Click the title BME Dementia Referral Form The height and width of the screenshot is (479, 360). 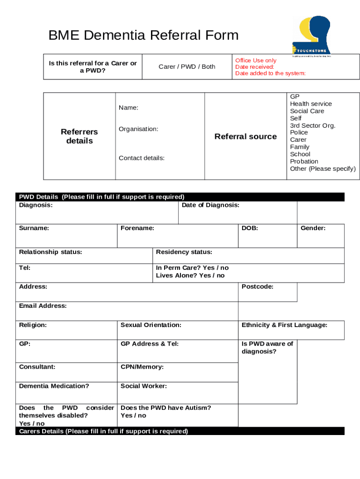point(144,35)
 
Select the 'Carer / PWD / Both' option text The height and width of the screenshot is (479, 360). point(187,66)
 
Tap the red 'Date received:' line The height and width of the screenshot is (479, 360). point(255,67)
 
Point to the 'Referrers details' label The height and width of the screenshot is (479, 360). point(79,136)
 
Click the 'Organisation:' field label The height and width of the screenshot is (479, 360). point(138,129)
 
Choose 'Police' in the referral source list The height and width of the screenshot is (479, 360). point(299,132)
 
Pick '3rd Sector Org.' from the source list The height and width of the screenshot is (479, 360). point(312,125)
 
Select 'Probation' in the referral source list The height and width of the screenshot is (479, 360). point(303,161)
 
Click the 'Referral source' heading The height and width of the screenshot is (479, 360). point(245,137)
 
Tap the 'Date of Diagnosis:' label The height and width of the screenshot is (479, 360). point(210,205)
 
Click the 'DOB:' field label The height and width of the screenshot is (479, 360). point(250,228)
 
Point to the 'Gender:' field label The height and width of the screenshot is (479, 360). point(313,228)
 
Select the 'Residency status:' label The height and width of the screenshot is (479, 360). point(184,252)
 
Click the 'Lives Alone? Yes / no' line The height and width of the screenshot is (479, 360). point(190,276)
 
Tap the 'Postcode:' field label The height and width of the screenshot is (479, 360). point(257,286)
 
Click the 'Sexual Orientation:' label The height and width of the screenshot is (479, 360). point(151,325)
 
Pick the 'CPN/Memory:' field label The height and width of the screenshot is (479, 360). point(142,367)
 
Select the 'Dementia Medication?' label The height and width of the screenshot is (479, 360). point(54,386)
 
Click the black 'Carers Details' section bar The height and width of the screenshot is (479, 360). point(180,431)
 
